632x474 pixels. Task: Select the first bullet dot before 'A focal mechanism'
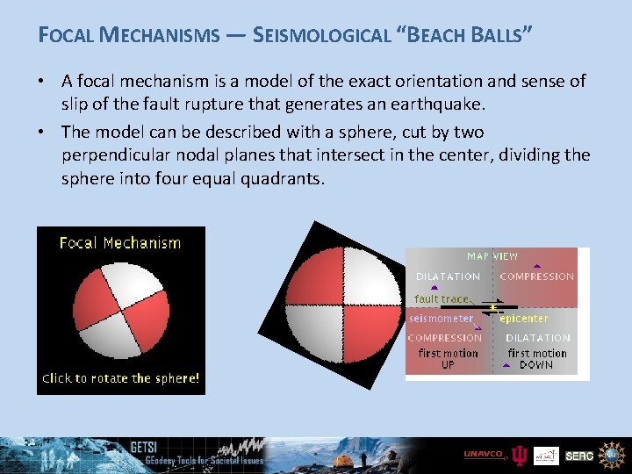coord(45,82)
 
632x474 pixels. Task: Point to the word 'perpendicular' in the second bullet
coord(112,155)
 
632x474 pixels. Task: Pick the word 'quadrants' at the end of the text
coord(279,178)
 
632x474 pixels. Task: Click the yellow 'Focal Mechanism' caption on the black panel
coord(120,243)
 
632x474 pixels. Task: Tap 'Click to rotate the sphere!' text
coord(121,378)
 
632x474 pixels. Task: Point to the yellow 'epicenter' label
coord(524,319)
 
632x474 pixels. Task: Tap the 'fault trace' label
coord(441,299)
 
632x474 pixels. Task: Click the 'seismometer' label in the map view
coord(441,319)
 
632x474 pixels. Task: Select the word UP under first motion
coord(448,365)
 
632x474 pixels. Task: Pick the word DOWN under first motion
coord(536,365)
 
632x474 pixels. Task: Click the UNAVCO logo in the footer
coord(485,455)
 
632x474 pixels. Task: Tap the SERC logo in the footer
coord(579,456)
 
